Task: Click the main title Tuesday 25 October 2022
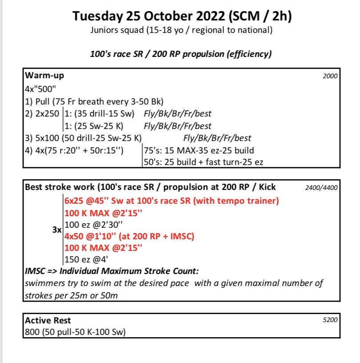coord(182,17)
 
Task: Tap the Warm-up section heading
coord(45,75)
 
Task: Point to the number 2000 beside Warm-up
coord(329,76)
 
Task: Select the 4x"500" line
coord(40,87)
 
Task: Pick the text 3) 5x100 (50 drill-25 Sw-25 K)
coord(84,137)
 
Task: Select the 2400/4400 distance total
coord(321,188)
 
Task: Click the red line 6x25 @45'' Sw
coord(172,201)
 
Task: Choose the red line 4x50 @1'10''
coord(130,237)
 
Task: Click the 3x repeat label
coord(56,231)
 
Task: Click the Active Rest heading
coord(48,320)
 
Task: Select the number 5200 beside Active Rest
coord(329,319)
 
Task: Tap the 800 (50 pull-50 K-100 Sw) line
coord(75,332)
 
